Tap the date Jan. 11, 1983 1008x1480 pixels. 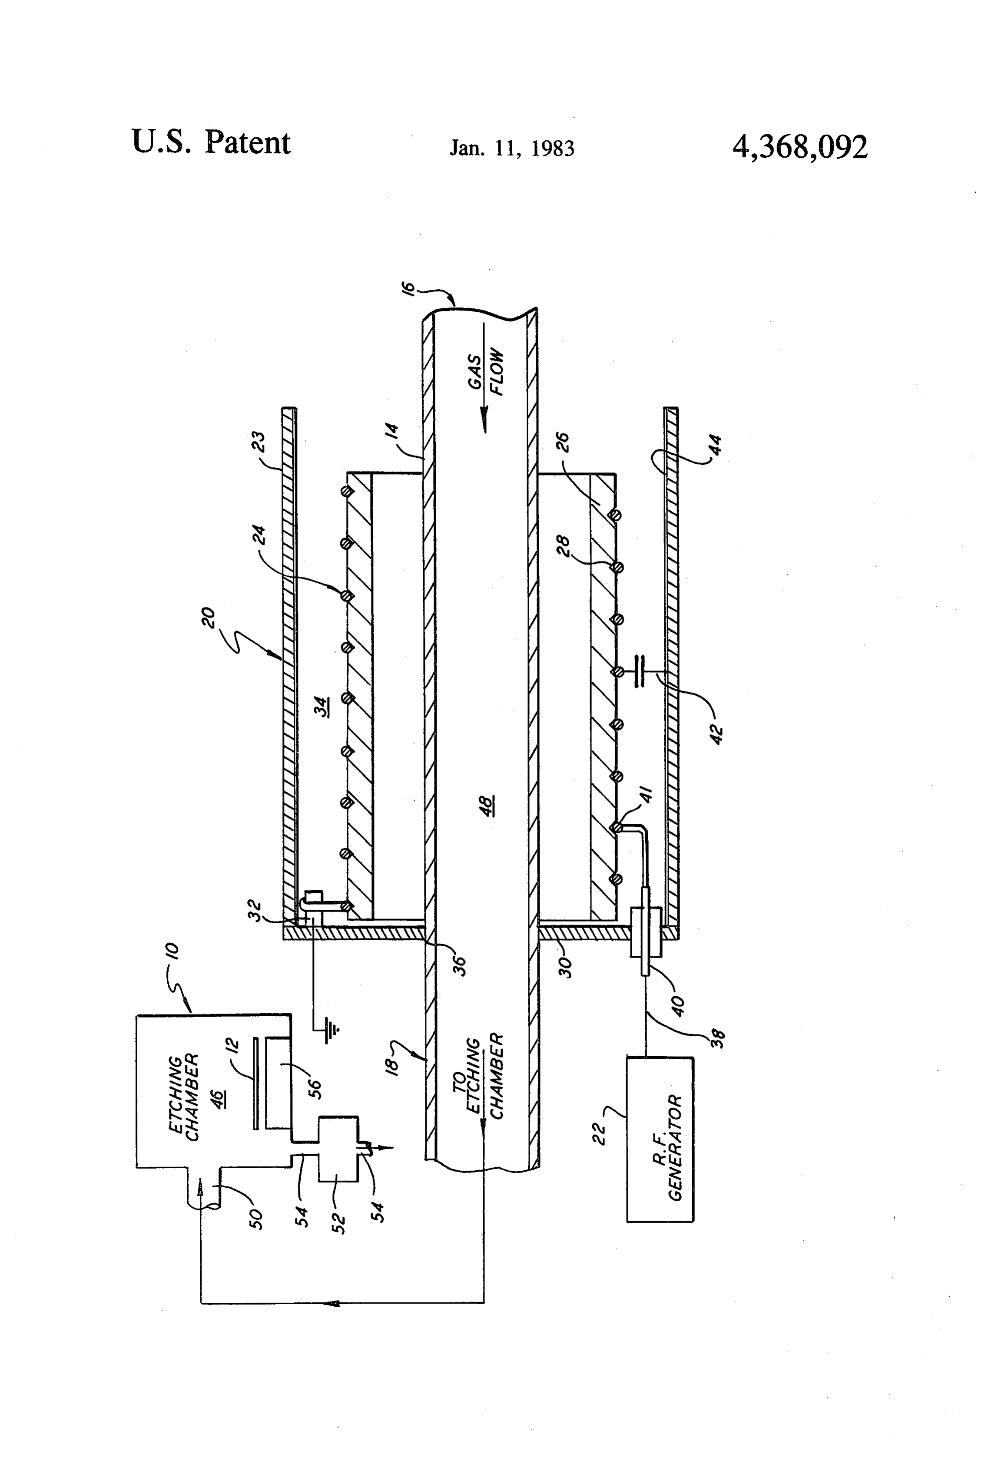(x=512, y=149)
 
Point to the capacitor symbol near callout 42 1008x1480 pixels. (x=640, y=671)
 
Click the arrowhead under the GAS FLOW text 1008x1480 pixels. (x=485, y=420)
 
